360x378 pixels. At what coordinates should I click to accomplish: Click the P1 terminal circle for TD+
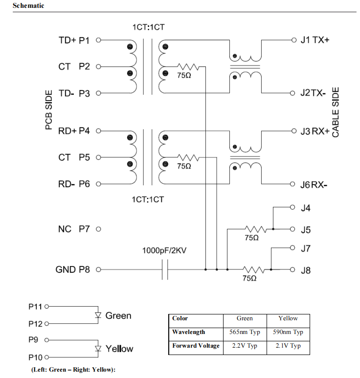[x=98, y=40]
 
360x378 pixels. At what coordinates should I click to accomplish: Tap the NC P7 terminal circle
[x=98, y=229]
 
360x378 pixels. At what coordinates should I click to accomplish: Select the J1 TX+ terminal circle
[x=293, y=40]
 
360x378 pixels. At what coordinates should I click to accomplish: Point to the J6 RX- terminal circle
[x=292, y=184]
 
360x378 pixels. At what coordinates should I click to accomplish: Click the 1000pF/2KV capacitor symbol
[x=165, y=269]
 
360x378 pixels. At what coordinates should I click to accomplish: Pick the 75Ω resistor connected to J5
[x=256, y=229]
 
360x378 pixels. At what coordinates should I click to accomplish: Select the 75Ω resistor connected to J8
[x=254, y=269]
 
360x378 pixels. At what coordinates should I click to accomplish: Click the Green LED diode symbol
[x=98, y=315]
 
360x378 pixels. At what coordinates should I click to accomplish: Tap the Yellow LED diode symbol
[x=98, y=348]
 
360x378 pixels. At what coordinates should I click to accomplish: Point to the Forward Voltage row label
[x=196, y=346]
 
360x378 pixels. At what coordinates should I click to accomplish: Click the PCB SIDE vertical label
[x=49, y=110]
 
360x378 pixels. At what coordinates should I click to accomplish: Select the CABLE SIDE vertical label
[x=336, y=112]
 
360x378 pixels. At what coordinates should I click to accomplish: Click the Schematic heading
[x=28, y=5]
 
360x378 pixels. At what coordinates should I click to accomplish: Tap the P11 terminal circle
[x=47, y=307]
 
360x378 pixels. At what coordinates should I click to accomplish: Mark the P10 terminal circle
[x=47, y=357]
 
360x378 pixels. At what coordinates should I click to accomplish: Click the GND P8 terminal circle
[x=98, y=269]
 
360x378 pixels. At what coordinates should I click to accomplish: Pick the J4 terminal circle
[x=292, y=207]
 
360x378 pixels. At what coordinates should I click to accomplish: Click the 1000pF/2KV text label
[x=164, y=250]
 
